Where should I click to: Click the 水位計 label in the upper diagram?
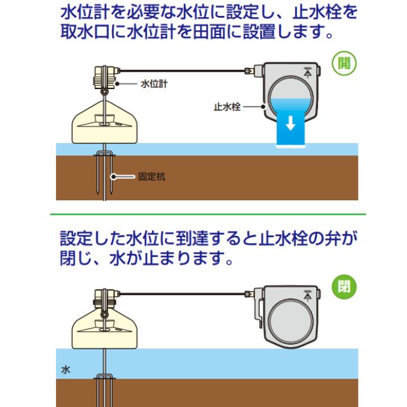(154, 84)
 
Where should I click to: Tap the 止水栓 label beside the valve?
(227, 107)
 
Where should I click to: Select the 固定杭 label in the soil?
(151, 177)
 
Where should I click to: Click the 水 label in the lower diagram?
(66, 369)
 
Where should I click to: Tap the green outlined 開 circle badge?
(344, 64)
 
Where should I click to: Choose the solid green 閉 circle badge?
(344, 287)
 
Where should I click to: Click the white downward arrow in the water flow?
(291, 123)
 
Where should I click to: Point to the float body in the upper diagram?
(104, 122)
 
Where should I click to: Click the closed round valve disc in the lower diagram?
(291, 321)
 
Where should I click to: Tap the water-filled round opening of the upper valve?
(291, 98)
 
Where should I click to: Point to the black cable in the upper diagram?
(183, 71)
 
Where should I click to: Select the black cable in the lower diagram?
(183, 294)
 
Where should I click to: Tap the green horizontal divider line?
(208, 214)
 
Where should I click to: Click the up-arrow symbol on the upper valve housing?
(308, 72)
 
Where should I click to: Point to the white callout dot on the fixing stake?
(113, 177)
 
